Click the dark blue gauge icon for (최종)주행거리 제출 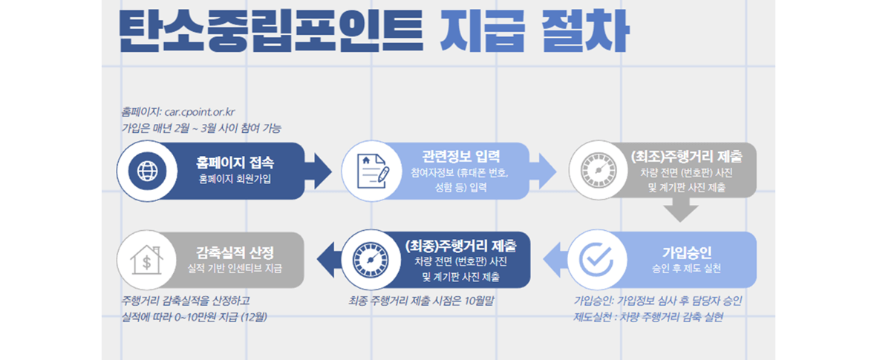point(371,259)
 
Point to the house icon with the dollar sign point(147,259)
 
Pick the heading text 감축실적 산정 point(235,251)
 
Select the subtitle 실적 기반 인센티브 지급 point(235,267)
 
